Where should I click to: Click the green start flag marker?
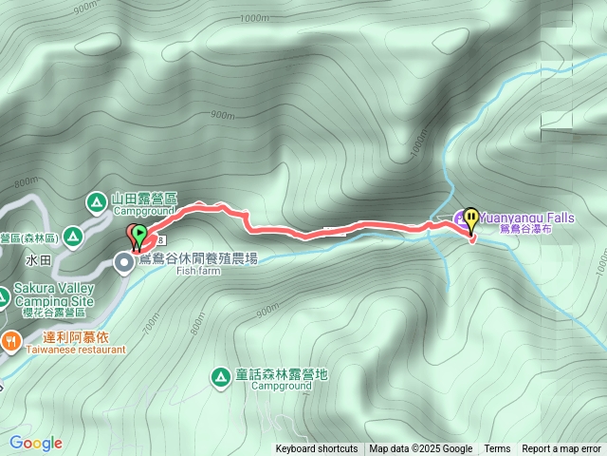point(138,233)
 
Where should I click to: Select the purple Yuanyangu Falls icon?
point(460,217)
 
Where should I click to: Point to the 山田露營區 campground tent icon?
point(97,200)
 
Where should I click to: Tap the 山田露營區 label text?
point(144,199)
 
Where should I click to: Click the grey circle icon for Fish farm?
point(124,263)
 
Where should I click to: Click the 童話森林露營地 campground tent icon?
point(221,377)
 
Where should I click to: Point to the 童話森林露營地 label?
point(282,374)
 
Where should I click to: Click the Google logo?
point(35,443)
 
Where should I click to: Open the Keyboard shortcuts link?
point(317,449)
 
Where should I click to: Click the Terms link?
point(497,449)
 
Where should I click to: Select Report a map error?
point(561,449)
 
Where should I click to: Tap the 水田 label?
point(37,258)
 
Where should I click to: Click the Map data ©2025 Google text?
point(421,449)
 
